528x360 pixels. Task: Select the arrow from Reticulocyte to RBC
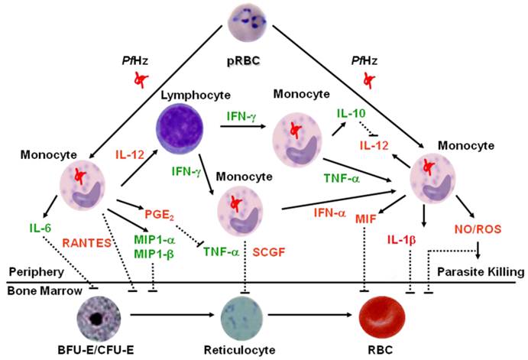[x=313, y=314]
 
